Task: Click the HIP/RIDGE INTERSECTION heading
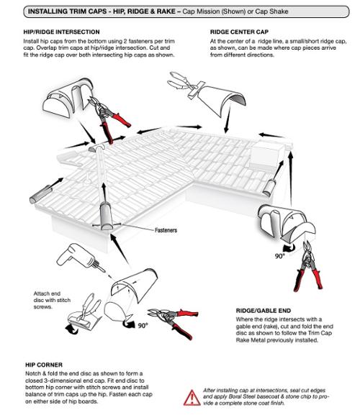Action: (61, 32)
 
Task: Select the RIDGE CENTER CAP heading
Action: (239, 32)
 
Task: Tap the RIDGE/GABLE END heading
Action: (264, 311)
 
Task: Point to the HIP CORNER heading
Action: (44, 365)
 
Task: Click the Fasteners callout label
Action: (166, 230)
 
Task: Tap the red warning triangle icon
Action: (192, 398)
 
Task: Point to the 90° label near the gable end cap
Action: (280, 256)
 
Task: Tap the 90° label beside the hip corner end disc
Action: (143, 326)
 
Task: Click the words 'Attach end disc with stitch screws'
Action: (52, 300)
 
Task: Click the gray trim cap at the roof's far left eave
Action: (40, 194)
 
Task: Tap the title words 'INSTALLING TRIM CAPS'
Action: (68, 12)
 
